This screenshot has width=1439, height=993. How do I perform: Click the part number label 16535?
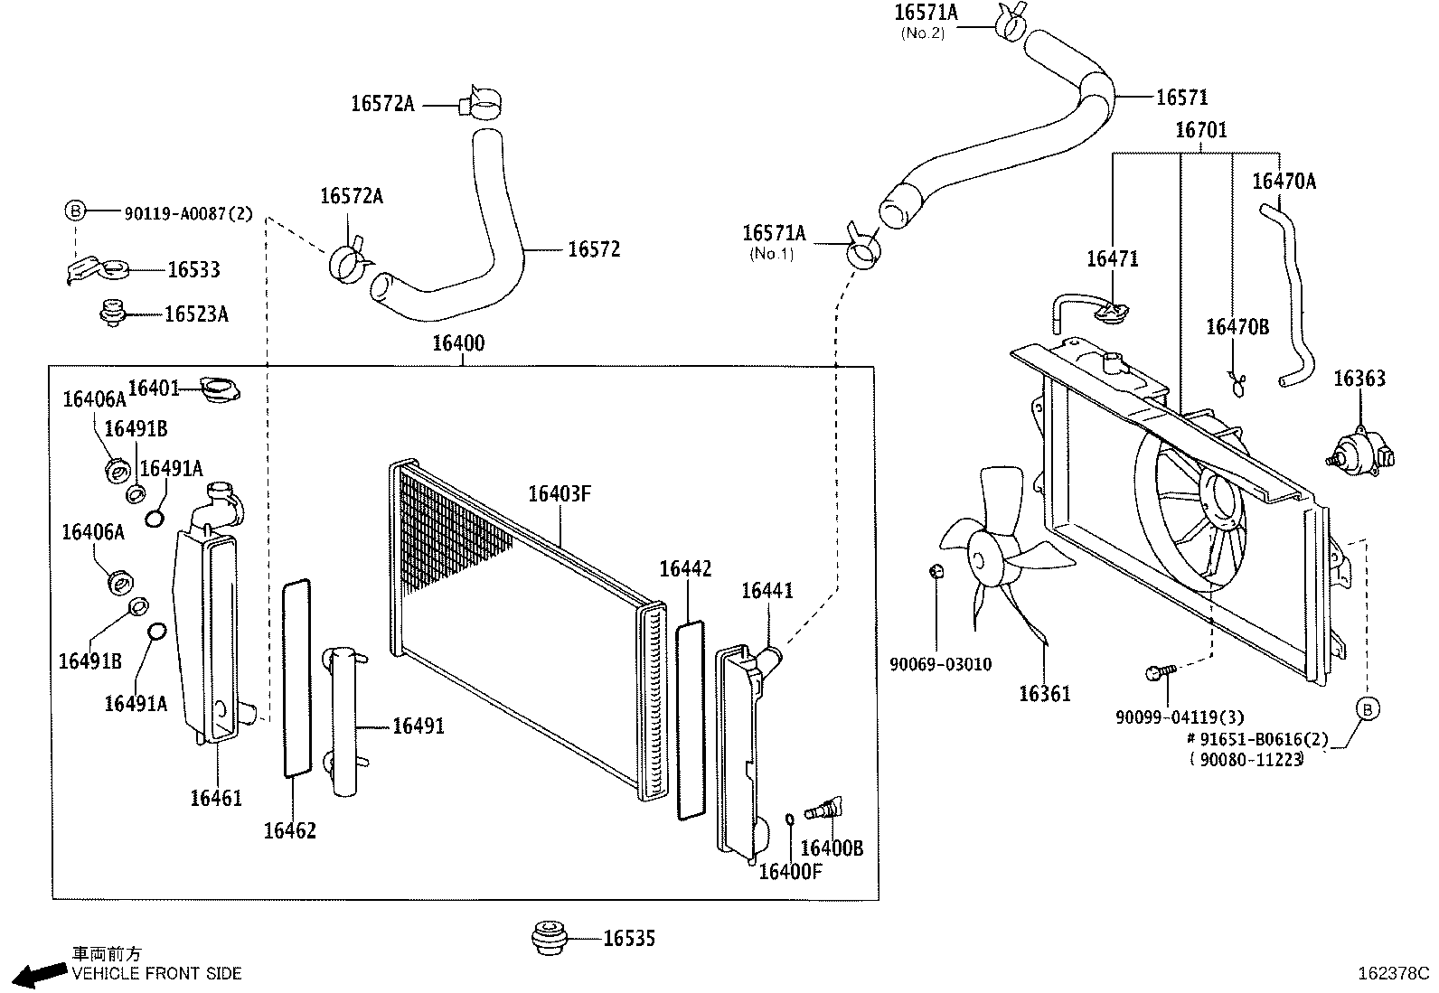628,939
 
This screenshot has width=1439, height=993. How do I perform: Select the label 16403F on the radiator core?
559,493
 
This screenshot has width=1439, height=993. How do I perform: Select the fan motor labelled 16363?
1361,450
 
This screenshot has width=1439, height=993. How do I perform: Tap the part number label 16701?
1200,130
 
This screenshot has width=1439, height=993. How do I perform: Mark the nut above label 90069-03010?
937,571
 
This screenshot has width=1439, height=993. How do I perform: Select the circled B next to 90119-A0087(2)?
75,211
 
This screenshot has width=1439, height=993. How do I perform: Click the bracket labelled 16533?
99,269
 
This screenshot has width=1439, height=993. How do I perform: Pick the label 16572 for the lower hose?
594,249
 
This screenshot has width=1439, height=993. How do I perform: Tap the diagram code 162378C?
1393,974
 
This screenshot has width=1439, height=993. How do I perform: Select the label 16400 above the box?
457,343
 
